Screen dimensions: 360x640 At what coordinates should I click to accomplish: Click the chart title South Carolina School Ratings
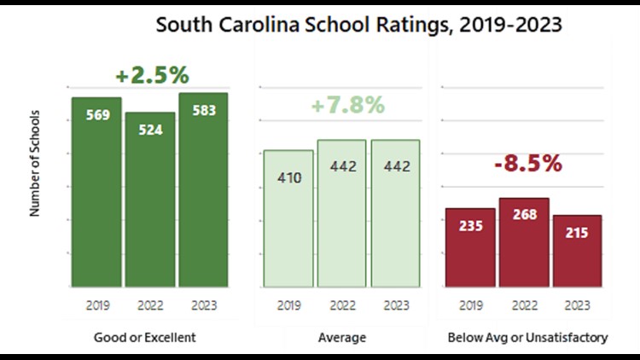[358, 25]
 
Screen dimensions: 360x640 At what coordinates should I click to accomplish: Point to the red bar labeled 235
[469, 247]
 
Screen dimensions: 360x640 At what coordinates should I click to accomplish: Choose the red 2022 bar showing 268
[524, 242]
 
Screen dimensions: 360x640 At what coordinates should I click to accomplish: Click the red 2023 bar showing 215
[577, 251]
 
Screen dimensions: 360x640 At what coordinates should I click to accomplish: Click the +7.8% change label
[347, 106]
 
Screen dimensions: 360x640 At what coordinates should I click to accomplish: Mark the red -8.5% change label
[528, 164]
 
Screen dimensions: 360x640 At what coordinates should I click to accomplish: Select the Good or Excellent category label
[144, 338]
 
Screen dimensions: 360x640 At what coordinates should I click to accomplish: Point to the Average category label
[341, 338]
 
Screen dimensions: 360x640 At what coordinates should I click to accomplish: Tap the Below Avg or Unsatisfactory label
[527, 338]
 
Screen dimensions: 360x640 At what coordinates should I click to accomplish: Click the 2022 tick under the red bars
[524, 304]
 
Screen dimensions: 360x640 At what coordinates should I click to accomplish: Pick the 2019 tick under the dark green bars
[96, 304]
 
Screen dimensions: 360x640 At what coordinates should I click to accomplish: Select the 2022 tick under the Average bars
[341, 304]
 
